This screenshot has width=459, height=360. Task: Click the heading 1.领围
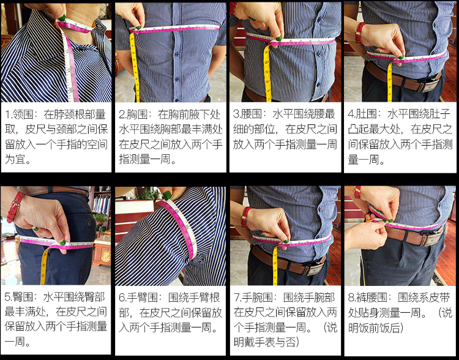click(x=20, y=114)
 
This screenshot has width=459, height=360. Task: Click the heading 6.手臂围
click(x=138, y=298)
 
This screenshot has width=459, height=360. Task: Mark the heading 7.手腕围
click(x=253, y=298)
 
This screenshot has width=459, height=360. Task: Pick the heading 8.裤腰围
click(x=368, y=298)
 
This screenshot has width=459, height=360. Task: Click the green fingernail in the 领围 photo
click(x=62, y=18)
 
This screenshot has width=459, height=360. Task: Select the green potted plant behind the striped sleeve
click(x=148, y=194)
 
